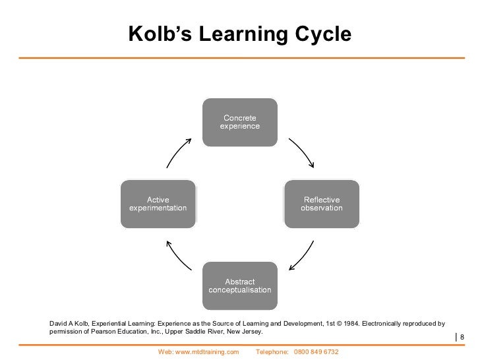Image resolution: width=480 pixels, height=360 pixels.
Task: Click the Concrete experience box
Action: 239,122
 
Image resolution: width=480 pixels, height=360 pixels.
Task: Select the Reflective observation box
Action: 321,204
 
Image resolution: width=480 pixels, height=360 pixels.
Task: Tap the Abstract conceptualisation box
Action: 239,286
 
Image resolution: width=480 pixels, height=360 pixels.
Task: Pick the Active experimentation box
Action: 158,204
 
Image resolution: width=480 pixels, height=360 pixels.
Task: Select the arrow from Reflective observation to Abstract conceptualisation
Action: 301,255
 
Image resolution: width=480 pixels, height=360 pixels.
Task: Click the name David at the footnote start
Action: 59,324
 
